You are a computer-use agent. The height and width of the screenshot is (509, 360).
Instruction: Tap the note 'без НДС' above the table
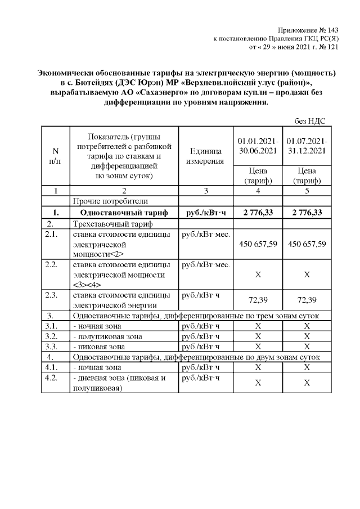[x=310, y=121]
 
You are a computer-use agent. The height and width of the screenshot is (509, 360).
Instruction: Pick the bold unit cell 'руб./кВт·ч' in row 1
[x=205, y=212]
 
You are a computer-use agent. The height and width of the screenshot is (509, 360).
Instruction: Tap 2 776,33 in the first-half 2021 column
[x=257, y=212]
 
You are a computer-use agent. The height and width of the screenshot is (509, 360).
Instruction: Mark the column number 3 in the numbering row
[x=205, y=190]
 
